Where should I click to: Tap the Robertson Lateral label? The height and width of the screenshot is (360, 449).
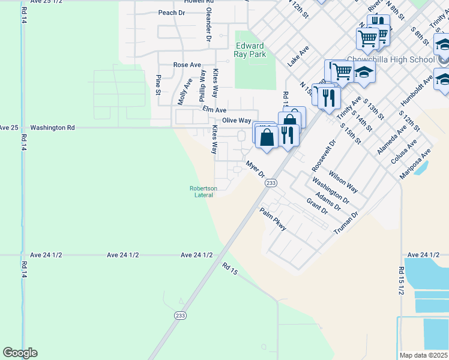coord(203,191)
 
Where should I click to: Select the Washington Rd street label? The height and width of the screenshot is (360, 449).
coord(53,128)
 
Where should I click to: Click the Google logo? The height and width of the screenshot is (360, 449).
coord(20,353)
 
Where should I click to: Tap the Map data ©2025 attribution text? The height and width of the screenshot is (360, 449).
coord(423,355)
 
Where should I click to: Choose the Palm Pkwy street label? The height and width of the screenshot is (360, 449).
coord(273,220)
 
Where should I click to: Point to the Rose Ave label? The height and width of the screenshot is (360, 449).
coord(187,65)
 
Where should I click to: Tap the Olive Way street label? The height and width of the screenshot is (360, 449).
coord(236,121)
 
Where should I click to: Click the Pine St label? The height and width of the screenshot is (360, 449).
coord(158,85)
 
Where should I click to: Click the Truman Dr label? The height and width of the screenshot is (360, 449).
coord(346,222)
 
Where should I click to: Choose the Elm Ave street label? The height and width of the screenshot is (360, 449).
coord(214,110)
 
